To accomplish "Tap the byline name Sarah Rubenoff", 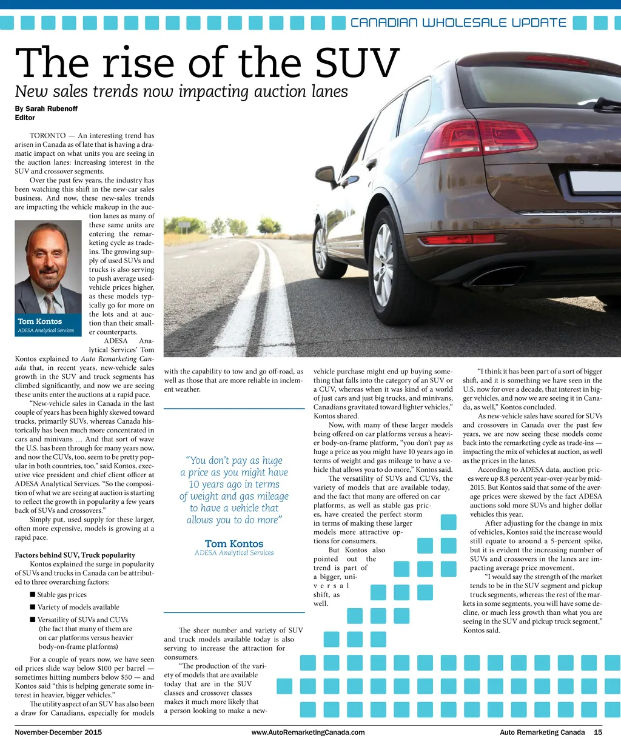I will [52, 109].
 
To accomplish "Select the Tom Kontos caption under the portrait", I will [40, 321].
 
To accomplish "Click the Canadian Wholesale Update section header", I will [458, 23].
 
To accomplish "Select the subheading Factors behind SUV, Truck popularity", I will [75, 555].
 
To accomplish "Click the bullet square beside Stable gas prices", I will [33, 595].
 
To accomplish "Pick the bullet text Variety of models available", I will [78, 607].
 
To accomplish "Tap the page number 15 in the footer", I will [598, 732].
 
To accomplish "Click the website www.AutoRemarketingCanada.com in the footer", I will [308, 732].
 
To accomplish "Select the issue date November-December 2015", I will [58, 732].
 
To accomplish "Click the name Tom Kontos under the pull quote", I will [234, 544].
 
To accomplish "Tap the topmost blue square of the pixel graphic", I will [448, 522].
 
